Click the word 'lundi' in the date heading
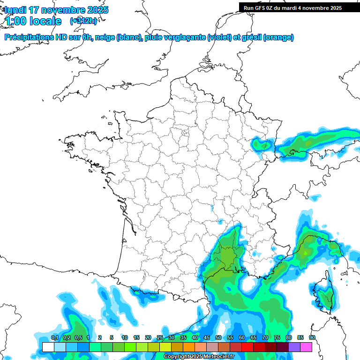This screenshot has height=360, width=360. [15, 10]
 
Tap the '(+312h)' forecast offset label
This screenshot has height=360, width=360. [83, 21]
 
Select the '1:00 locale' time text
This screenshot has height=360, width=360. [33, 21]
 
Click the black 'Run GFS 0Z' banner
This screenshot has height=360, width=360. [299, 7]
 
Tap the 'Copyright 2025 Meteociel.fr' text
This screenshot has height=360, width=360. [199, 357]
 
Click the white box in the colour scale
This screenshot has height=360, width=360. [48, 347]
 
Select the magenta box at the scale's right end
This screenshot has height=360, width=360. [306, 347]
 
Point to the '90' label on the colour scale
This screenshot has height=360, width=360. [312, 338]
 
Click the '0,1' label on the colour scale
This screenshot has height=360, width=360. [55, 338]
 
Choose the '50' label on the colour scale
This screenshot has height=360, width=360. [218, 338]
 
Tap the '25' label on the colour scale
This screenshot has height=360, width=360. [159, 338]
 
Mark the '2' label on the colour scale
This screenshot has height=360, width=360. [100, 338]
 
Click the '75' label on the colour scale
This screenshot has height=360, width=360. [277, 338]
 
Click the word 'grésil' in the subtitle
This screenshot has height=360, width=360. [251, 37]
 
